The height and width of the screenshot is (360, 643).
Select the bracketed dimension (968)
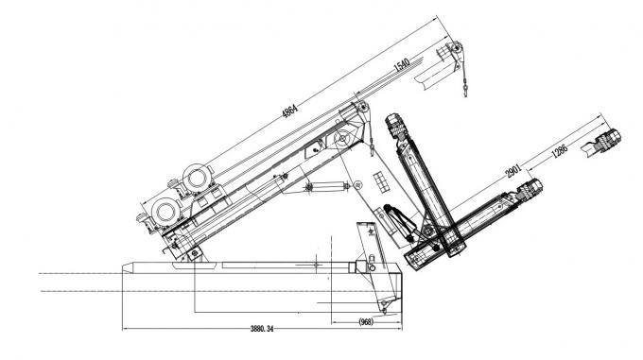click(370, 321)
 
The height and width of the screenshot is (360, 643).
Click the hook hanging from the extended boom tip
click(467, 89)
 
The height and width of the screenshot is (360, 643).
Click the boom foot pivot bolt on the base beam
click(193, 253)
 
